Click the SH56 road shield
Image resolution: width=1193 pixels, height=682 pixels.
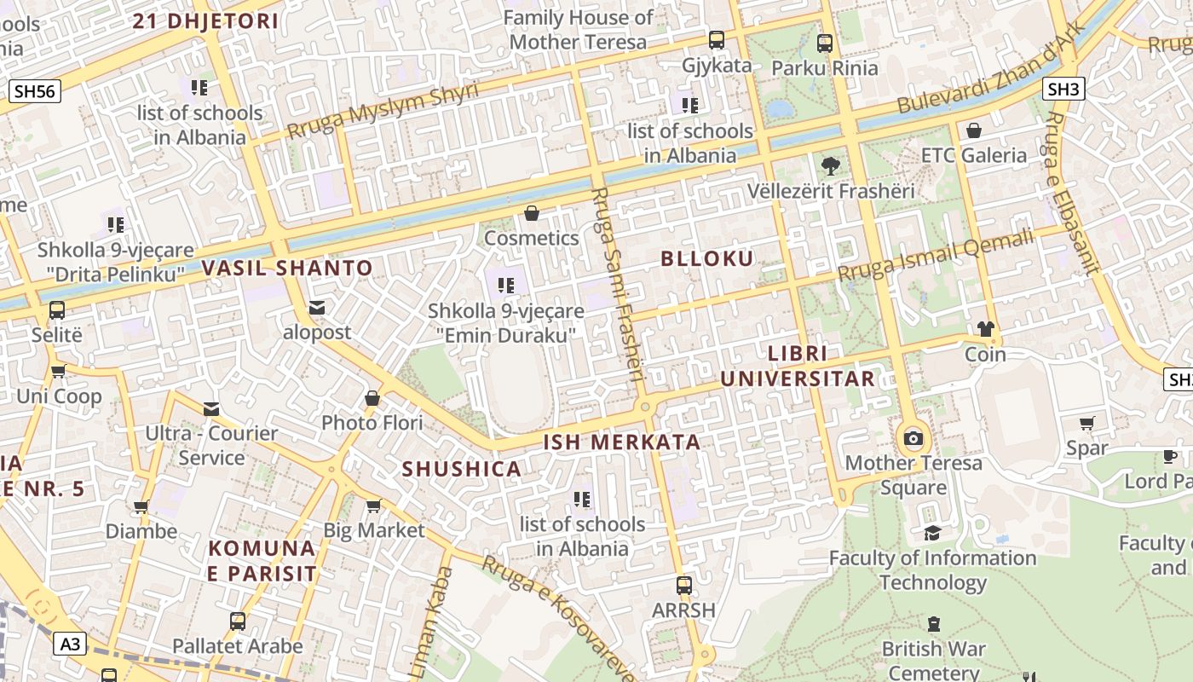(x=34, y=91)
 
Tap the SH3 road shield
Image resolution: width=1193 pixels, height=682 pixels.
(x=1063, y=89)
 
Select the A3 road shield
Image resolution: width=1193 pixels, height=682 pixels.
(x=70, y=644)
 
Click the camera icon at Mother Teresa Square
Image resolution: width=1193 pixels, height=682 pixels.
(x=913, y=439)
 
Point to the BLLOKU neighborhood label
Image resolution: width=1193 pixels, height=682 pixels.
(x=707, y=259)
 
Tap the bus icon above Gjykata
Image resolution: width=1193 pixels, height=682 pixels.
(x=717, y=39)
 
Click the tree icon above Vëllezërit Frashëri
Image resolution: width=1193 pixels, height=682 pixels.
(x=830, y=166)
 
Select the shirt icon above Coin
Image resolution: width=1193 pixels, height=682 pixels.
(x=986, y=329)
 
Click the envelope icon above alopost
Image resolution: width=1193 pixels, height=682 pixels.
(x=317, y=307)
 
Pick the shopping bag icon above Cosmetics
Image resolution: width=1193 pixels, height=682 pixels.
(x=532, y=213)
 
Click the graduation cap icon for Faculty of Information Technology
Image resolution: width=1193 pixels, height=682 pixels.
(x=932, y=533)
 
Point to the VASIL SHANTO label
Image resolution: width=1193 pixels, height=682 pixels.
(x=287, y=269)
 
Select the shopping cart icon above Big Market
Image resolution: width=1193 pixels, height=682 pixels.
(x=373, y=506)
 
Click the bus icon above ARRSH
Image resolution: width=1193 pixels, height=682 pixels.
(x=683, y=586)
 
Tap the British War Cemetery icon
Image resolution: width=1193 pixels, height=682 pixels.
(x=934, y=624)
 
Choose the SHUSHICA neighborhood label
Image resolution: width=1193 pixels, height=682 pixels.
(x=461, y=470)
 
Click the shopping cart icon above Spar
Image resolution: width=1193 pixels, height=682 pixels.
(x=1087, y=424)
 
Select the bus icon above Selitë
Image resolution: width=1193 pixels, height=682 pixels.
(x=57, y=310)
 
